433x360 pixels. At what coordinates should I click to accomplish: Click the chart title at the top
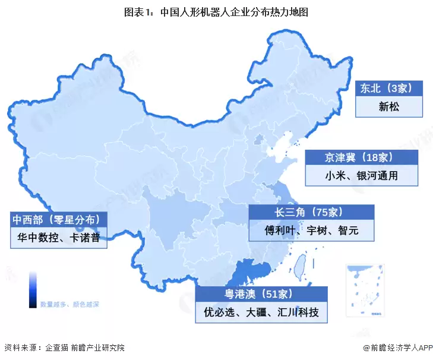pos(216,11)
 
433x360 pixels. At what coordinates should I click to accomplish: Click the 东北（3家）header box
pos(388,89)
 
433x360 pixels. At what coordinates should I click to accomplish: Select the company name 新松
pos(388,108)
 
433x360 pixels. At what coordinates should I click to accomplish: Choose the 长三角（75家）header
pos(311,212)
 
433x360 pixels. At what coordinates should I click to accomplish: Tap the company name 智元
pos(347,230)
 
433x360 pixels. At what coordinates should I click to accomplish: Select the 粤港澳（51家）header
pos(261,293)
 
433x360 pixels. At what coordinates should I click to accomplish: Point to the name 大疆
pos(256,312)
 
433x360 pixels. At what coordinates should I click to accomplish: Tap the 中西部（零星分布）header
pos(59,220)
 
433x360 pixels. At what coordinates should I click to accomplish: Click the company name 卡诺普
pos(87,238)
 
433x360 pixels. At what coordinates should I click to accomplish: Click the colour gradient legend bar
pos(33,290)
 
